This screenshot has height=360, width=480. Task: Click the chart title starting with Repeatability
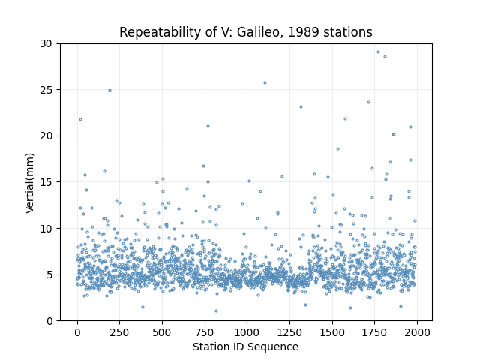pyautogui.click(x=246, y=32)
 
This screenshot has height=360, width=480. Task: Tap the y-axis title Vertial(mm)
pyautogui.click(x=29, y=183)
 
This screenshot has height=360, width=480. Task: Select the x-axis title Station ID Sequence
pyautogui.click(x=245, y=346)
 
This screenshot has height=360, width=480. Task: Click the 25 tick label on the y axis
pyautogui.click(x=46, y=90)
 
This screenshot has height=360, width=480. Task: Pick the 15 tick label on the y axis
pyautogui.click(x=46, y=182)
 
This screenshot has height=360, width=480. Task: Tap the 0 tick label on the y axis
pyautogui.click(x=49, y=321)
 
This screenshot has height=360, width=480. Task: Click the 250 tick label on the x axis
pyautogui.click(x=119, y=332)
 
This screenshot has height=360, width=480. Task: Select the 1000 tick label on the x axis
pyautogui.click(x=247, y=332)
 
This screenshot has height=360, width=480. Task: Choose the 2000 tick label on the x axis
pyautogui.click(x=417, y=332)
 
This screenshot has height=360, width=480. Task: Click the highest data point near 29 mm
pyautogui.click(x=378, y=52)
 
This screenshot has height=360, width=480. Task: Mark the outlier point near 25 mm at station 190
pyautogui.click(x=110, y=90)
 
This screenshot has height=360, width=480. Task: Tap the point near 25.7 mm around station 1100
pyautogui.click(x=265, y=83)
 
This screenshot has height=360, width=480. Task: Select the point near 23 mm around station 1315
pyautogui.click(x=301, y=106)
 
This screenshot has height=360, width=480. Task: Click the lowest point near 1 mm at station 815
pyautogui.click(x=216, y=310)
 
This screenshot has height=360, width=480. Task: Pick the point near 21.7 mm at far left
pyautogui.click(x=80, y=120)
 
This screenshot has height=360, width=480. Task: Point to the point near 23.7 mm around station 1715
pyautogui.click(x=368, y=102)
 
